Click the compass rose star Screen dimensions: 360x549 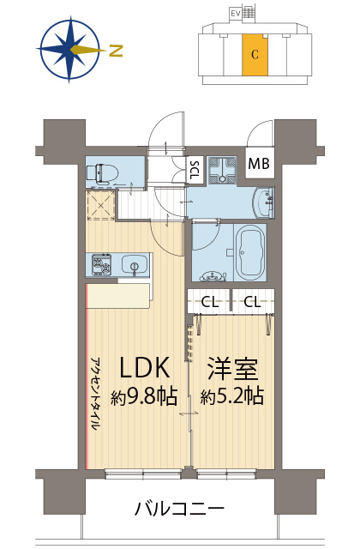[x=69, y=49]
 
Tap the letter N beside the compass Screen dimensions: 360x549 [x=116, y=51]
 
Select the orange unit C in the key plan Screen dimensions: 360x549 [x=255, y=55]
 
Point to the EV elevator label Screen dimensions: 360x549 [x=234, y=14]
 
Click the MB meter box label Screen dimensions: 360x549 [x=259, y=164]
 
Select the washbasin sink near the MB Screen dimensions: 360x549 [x=264, y=203]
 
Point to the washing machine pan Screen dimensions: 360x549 [x=222, y=170]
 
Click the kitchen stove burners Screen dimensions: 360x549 [x=102, y=265]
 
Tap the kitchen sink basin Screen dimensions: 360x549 [x=135, y=265]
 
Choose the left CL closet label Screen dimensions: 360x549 [x=209, y=302]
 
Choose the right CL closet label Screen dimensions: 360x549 [x=252, y=301]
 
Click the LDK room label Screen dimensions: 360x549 [x=145, y=368]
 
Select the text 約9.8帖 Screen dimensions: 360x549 [x=144, y=396]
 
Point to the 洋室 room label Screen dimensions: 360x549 [x=233, y=369]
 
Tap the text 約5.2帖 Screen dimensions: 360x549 [x=232, y=395]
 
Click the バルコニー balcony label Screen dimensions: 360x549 [x=179, y=509]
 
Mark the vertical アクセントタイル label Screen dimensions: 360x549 [x=95, y=395]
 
